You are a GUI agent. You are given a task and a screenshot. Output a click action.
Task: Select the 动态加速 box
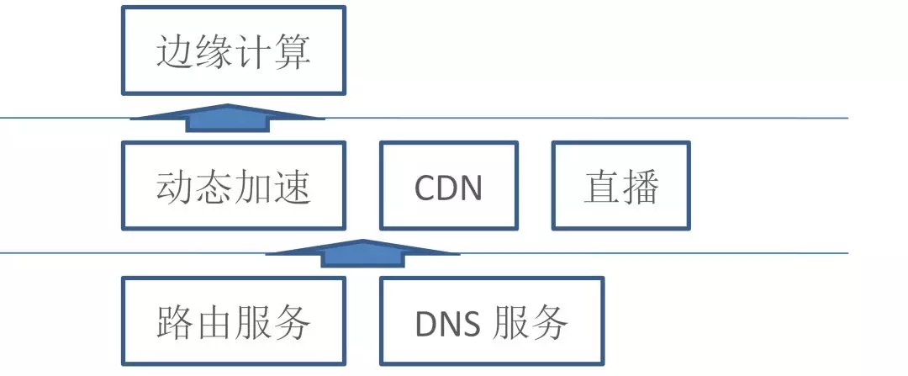(233, 186)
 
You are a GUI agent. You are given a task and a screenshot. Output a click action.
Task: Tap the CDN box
(448, 186)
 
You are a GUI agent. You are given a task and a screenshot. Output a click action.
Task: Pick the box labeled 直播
(620, 186)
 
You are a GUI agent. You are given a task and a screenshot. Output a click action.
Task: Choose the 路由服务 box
(233, 321)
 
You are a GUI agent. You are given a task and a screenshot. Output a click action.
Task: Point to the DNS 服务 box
(491, 321)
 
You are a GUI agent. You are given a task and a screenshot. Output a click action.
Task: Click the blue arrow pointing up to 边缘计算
(227, 118)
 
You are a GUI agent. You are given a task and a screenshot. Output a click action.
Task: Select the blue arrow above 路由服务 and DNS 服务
(362, 253)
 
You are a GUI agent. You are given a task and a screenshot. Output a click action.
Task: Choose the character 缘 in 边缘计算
(214, 52)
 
